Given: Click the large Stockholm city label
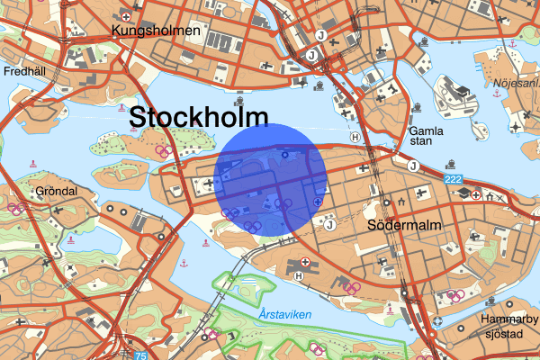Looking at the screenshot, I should pyautogui.click(x=198, y=117).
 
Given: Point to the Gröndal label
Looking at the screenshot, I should pyautogui.click(x=56, y=192).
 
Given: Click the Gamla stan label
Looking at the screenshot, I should pyautogui.click(x=420, y=134).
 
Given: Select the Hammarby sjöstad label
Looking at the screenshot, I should pyautogui.click(x=509, y=328).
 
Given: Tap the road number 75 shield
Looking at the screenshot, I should pyautogui.click(x=140, y=355).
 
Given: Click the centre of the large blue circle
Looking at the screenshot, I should pyautogui.click(x=273, y=179).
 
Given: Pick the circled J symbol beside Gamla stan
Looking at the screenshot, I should pyautogui.click(x=412, y=166).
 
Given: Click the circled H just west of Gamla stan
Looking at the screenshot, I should pyautogui.click(x=355, y=138).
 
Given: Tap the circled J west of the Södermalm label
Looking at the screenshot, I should pyautogui.click(x=330, y=225).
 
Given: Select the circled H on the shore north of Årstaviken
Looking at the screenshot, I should pyautogui.click(x=298, y=275).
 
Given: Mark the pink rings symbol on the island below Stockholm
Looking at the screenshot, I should pyautogui.click(x=163, y=151).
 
